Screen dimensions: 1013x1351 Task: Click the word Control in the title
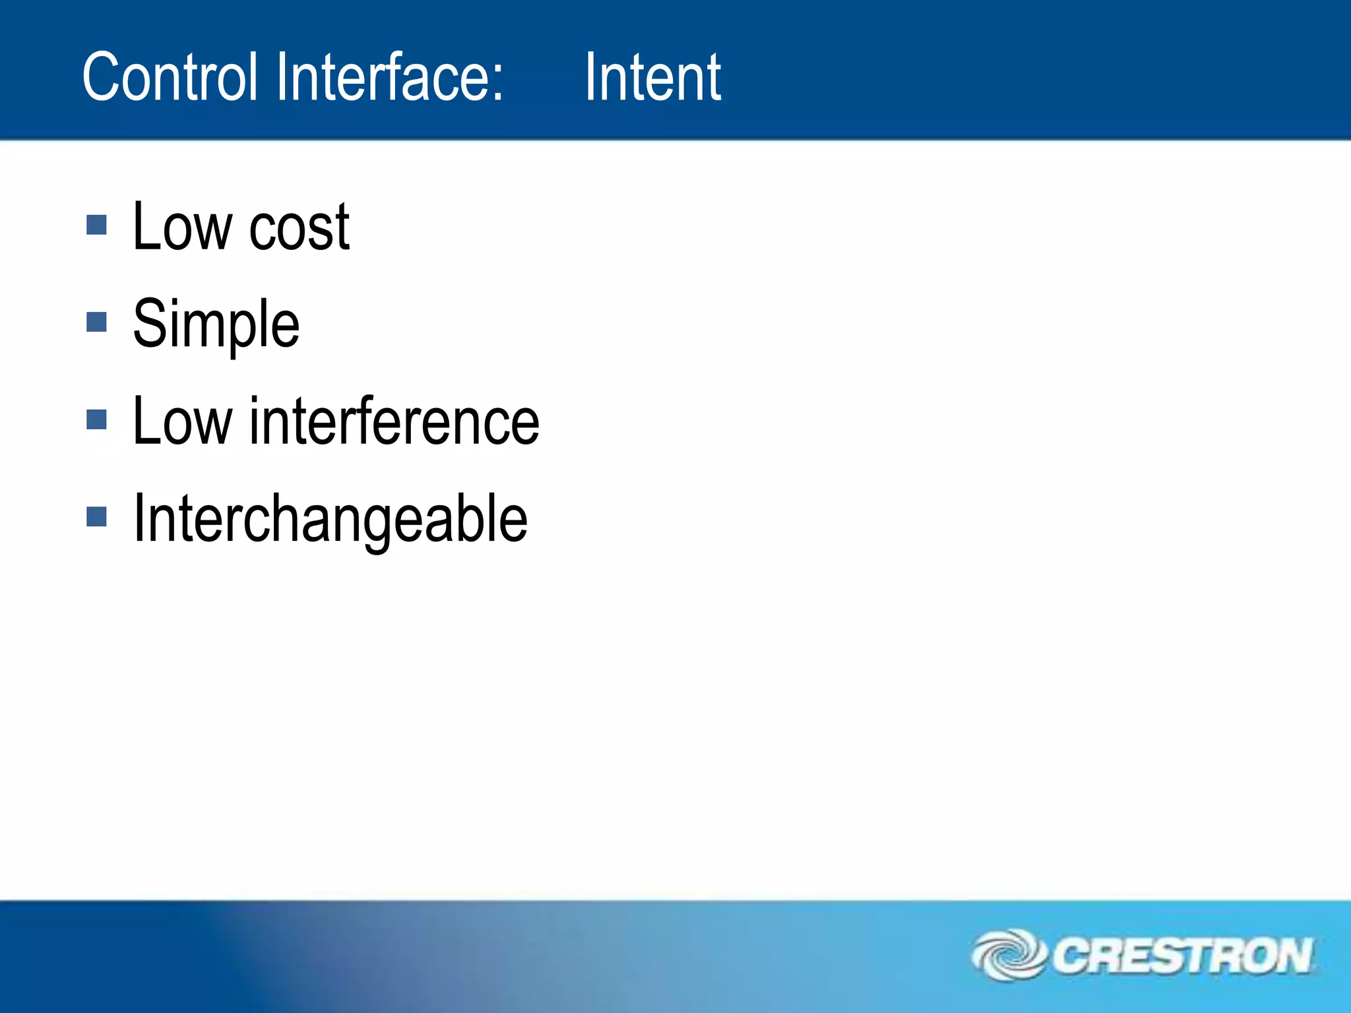(169, 77)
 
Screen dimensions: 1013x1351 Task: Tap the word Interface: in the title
(389, 77)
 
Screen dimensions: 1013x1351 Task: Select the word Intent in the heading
(652, 77)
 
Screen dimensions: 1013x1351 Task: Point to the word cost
(299, 228)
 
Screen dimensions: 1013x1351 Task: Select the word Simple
(216, 324)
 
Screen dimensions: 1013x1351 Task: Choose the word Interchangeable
(330, 519)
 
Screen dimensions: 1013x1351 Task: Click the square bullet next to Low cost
(96, 226)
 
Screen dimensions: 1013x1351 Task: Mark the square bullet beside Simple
(96, 322)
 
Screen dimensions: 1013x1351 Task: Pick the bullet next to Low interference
(96, 419)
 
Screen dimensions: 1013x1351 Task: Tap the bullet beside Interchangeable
(96, 516)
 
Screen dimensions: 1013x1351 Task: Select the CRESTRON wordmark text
(1181, 956)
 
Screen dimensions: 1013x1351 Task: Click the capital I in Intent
(590, 77)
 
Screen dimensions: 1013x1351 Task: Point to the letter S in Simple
(149, 322)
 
